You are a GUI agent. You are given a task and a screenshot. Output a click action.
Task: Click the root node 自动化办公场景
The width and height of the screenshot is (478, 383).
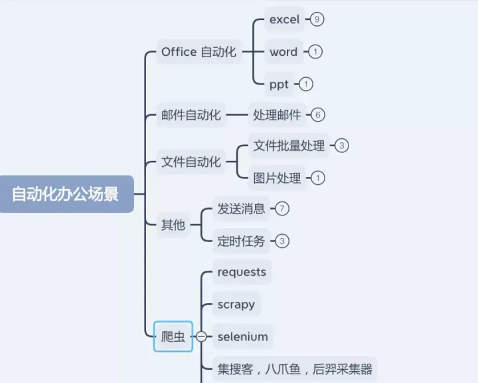65,194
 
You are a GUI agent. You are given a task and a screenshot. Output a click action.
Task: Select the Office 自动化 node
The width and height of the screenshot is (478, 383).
199,52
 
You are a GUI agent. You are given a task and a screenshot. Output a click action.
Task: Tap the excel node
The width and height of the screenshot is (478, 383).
284,19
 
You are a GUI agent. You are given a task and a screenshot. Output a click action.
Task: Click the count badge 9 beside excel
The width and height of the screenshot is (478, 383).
317,19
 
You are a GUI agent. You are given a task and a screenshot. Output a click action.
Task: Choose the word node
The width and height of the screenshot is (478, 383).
283,52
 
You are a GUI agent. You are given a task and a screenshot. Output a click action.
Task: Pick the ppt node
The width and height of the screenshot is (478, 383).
279,84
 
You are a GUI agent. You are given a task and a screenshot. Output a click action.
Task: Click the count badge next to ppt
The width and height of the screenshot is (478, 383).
305,84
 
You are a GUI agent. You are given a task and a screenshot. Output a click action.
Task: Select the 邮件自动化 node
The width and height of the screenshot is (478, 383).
191,115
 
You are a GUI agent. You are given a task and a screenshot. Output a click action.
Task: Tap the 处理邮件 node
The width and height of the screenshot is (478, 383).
277,115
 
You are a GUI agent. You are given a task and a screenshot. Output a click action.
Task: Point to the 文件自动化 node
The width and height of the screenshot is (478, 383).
191,162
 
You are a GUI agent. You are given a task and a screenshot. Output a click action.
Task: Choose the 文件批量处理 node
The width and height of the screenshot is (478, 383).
289,146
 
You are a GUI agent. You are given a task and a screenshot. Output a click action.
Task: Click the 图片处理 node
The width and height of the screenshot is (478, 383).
277,178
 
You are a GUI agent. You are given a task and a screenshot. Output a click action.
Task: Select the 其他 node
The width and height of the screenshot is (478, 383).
173,225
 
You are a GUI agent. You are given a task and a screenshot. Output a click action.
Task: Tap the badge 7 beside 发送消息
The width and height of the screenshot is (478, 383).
282,209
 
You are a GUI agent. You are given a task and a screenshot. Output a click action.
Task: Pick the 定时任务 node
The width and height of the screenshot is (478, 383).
241,241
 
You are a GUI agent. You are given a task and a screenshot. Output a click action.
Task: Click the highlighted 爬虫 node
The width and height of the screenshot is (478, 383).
173,336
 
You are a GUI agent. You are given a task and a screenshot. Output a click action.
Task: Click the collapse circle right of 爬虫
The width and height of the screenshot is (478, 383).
200,337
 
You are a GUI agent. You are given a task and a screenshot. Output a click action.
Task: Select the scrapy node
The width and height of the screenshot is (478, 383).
236,305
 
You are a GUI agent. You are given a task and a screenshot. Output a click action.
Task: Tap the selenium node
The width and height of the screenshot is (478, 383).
242,336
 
